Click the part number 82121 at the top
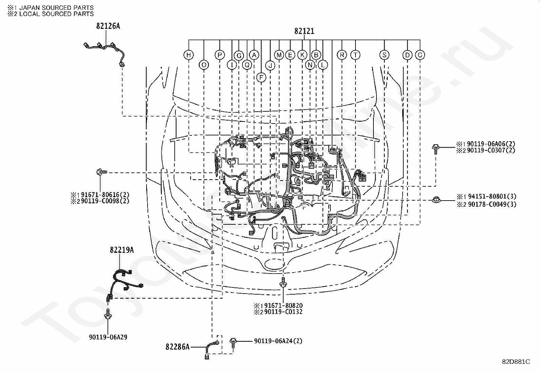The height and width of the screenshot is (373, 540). (304, 31)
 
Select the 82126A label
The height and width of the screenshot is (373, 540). (108, 26)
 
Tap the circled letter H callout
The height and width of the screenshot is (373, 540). (189, 55)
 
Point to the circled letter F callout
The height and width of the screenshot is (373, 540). (261, 77)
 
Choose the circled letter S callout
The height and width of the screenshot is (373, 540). (384, 55)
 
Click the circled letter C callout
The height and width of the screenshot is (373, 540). (420, 55)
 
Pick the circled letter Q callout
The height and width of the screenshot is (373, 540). (247, 65)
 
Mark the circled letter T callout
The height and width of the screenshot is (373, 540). (355, 55)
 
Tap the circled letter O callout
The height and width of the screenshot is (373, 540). (204, 65)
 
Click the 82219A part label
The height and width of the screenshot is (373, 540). (122, 250)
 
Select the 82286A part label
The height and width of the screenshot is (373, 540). (177, 347)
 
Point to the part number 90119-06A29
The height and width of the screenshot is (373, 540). (108, 337)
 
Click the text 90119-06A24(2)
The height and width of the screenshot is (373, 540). (278, 341)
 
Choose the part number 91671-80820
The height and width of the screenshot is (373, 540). (284, 306)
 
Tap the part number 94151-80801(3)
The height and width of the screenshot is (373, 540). (492, 197)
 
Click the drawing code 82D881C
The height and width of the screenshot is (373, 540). (516, 362)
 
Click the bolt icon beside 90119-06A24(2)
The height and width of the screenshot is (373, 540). (233, 343)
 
